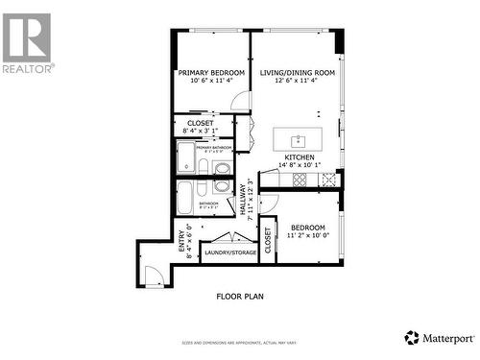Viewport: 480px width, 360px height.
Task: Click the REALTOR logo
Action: point(27,42)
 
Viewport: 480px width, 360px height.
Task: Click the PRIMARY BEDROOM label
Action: point(211,73)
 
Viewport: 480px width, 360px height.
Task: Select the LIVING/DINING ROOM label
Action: point(297,73)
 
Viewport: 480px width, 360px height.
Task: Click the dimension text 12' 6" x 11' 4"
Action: point(297,82)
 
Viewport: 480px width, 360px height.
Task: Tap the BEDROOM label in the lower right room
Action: point(306,227)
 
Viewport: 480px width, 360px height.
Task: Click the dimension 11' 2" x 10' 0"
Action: point(306,235)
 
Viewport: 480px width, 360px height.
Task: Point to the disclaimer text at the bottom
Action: point(240,343)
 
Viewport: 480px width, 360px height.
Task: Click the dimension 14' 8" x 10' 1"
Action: point(300,165)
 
